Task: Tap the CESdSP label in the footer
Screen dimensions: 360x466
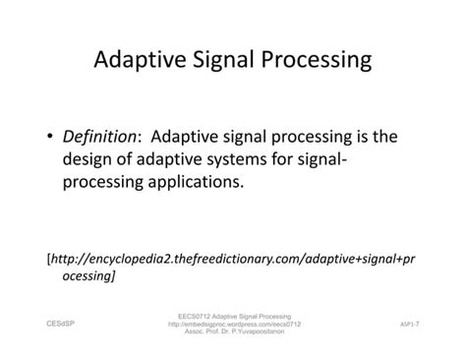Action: click(59, 321)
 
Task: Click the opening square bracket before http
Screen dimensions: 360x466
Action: click(49, 259)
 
